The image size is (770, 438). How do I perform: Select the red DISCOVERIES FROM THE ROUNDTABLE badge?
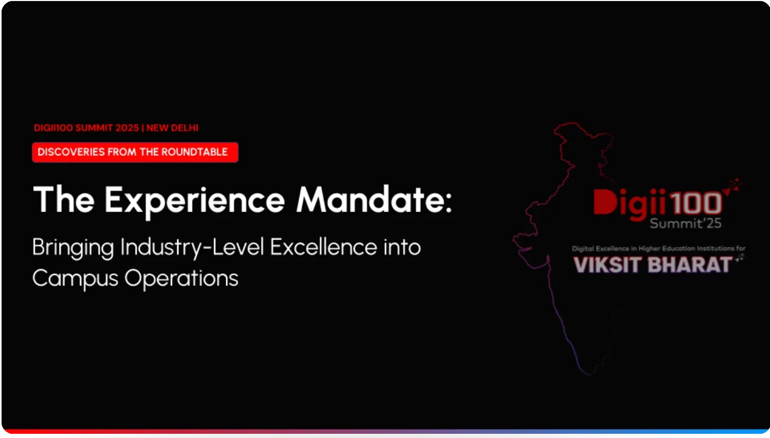coord(135,152)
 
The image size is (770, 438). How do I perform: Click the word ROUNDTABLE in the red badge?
coord(195,152)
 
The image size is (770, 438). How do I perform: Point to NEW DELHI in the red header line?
coord(172,128)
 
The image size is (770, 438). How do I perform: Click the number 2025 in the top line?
coord(127,128)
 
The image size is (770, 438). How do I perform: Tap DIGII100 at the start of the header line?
coord(53,128)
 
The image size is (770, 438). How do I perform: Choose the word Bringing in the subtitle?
coord(73,248)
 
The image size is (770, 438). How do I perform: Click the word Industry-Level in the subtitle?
coord(192,247)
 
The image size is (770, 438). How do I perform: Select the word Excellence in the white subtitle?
coord(323,247)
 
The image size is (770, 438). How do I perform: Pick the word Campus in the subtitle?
coord(75,279)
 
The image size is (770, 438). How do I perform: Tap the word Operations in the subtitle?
coord(181,279)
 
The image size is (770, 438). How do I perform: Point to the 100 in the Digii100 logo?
coord(696,203)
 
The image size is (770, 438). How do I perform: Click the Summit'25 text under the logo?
coord(686,224)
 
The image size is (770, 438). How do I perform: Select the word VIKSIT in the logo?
coord(608,265)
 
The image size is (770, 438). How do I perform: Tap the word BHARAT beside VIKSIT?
coord(689,265)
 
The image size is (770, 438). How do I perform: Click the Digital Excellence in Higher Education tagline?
coord(659,249)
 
